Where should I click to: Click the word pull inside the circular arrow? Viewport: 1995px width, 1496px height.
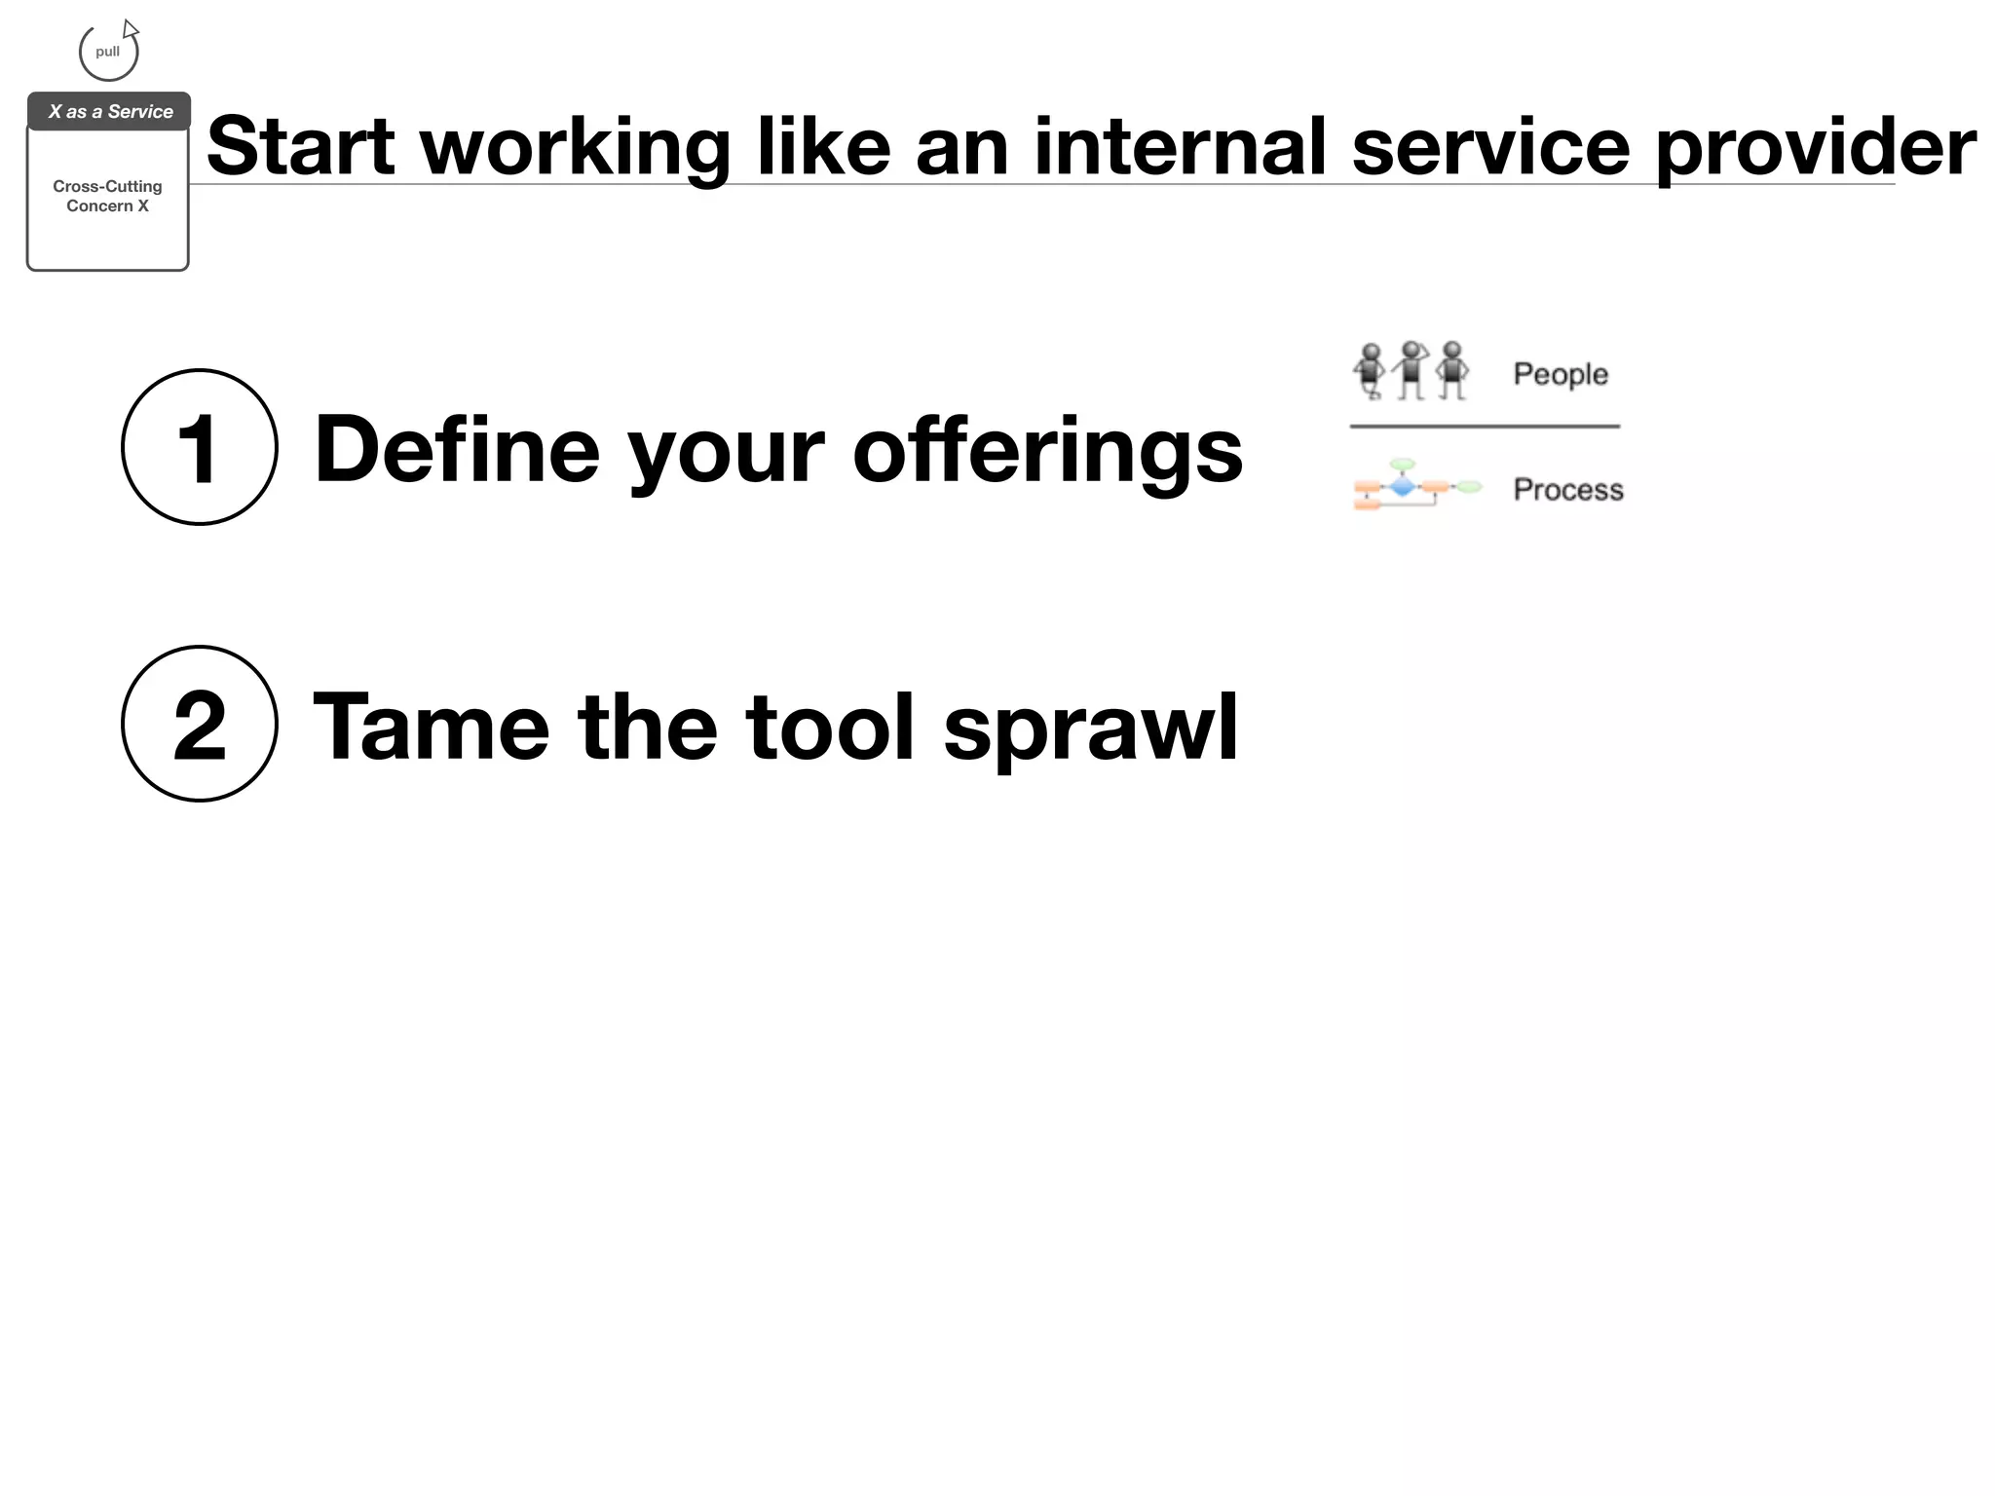tap(107, 52)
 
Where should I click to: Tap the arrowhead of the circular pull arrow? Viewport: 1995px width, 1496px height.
tap(131, 29)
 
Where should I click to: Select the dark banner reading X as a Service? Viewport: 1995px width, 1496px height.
tap(109, 112)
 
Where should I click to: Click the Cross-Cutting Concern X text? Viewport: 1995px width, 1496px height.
tap(107, 196)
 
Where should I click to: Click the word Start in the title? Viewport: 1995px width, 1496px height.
tap(301, 147)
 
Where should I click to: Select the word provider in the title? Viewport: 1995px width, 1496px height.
tap(1816, 147)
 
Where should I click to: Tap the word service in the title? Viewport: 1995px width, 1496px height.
tap(1490, 147)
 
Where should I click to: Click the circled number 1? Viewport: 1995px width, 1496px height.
tap(199, 447)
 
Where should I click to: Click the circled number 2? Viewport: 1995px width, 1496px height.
tap(199, 724)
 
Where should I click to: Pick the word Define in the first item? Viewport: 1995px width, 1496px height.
tap(457, 450)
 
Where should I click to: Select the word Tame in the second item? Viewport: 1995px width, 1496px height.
tap(432, 728)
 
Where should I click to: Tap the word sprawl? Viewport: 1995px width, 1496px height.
tap(1090, 728)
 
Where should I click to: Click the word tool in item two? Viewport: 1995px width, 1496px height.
tap(831, 728)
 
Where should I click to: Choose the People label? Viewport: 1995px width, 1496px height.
tap(1560, 374)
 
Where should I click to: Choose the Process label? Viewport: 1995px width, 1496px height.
tap(1567, 489)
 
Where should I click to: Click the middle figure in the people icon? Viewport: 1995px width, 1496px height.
tap(1412, 370)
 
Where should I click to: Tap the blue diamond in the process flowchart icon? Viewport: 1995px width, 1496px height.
tap(1402, 486)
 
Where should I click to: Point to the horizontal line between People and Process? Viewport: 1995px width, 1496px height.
tap(1485, 426)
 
